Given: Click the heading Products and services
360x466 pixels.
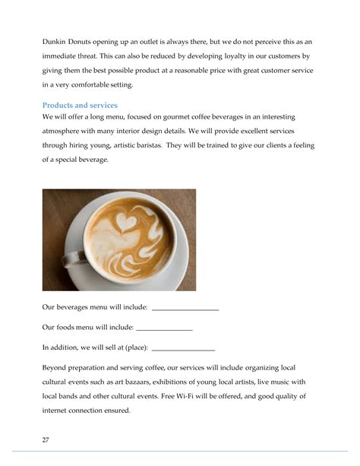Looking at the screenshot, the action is [80, 105].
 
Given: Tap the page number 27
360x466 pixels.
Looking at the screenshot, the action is [46, 439].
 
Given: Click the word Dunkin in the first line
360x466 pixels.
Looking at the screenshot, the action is [55, 41].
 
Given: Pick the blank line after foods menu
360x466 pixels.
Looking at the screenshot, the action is [164, 328].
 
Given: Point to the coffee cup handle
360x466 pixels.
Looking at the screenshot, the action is [73, 258].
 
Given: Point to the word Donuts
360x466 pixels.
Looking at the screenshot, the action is [91, 41].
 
